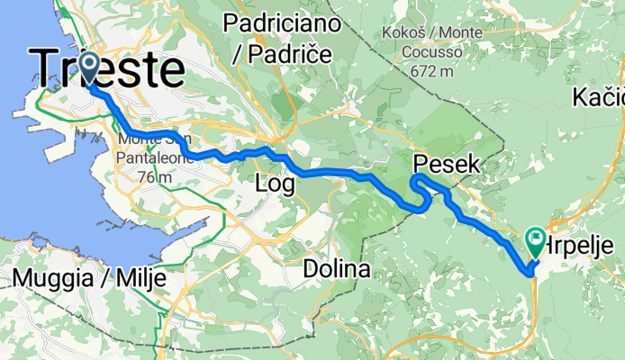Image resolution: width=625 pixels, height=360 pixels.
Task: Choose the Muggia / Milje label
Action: pyautogui.click(x=89, y=278)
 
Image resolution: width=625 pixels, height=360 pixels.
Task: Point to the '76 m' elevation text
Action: pyautogui.click(x=152, y=176)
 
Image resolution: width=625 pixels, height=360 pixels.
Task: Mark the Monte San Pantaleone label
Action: pyautogui.click(x=152, y=149)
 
